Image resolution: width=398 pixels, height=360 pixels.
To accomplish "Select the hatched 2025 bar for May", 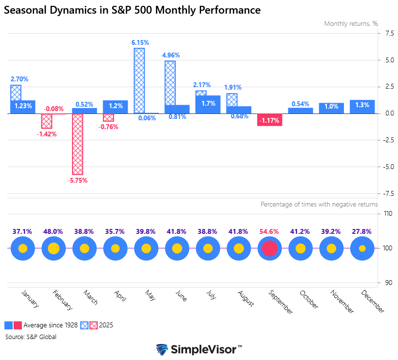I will [139, 80].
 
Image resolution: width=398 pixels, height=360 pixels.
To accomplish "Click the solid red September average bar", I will [269, 120].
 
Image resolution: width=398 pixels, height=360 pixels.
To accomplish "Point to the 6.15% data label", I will [140, 43].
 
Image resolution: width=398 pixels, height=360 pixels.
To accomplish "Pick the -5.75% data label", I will [78, 180].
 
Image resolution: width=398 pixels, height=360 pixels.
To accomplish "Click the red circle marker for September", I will [269, 248].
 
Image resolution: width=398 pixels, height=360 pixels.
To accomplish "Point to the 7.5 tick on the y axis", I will [385, 33].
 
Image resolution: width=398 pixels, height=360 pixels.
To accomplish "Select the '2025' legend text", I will [106, 325].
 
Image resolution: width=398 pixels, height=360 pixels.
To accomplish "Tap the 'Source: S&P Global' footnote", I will [31, 337].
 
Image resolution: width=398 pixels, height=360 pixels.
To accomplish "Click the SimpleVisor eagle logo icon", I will [162, 350].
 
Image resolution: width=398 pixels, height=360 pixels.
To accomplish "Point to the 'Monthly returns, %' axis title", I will [351, 23].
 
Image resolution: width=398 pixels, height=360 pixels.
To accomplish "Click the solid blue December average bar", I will [362, 107].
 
